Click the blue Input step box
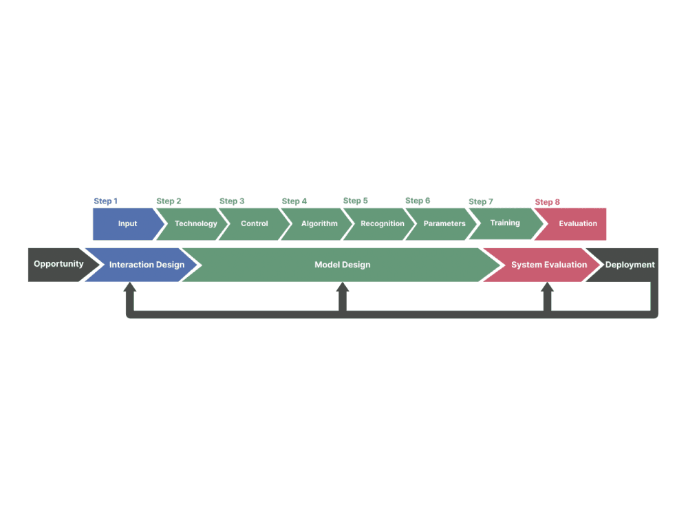click(127, 224)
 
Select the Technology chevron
click(195, 224)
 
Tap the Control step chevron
click(255, 224)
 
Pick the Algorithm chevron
click(319, 224)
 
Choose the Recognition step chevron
click(382, 224)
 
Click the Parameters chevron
click(444, 224)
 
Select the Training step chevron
click(505, 223)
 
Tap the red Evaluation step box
click(577, 224)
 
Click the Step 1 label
click(106, 201)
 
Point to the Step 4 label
click(294, 201)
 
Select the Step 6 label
click(418, 201)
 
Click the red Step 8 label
click(548, 202)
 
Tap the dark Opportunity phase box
click(58, 265)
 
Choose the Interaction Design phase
click(146, 265)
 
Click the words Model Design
click(343, 265)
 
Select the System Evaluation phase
click(548, 265)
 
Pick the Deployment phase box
click(630, 265)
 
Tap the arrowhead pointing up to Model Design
click(343, 288)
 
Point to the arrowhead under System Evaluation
click(548, 288)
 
